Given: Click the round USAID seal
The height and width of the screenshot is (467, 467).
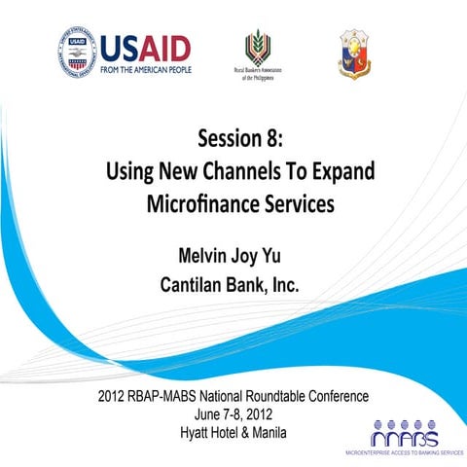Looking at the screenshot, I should point(77,53).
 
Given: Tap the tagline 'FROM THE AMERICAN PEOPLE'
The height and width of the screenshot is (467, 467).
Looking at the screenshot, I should point(146,69).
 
